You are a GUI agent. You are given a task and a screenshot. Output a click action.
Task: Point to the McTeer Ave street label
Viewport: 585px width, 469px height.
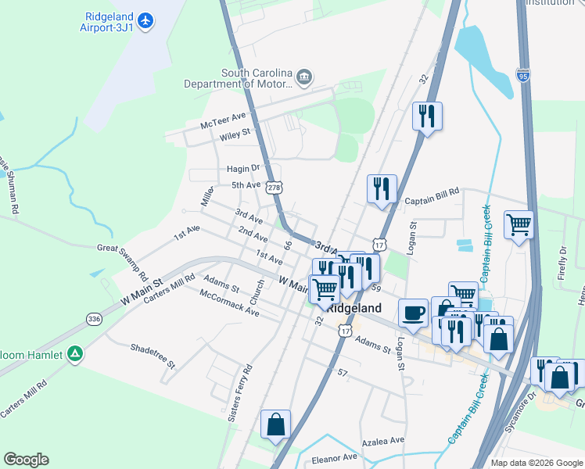pyautogui.click(x=223, y=120)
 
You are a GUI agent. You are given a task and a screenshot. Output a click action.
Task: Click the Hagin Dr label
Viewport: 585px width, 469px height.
pyautogui.click(x=242, y=169)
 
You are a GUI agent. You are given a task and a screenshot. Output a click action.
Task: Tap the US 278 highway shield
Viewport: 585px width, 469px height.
pyautogui.click(x=274, y=188)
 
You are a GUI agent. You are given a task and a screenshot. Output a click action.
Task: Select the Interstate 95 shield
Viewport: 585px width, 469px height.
pyautogui.click(x=523, y=75)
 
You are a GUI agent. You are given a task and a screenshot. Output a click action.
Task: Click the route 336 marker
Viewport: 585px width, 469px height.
pyautogui.click(x=94, y=319)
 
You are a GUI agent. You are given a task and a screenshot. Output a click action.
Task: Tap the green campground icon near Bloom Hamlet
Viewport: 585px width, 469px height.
pyautogui.click(x=75, y=354)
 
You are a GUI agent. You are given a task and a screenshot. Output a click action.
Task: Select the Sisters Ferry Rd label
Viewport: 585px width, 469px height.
pyautogui.click(x=239, y=393)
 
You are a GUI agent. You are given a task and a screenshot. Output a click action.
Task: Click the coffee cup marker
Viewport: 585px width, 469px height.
pyautogui.click(x=414, y=313)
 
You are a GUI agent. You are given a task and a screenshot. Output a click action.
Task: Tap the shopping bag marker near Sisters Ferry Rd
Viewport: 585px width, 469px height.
pyautogui.click(x=275, y=424)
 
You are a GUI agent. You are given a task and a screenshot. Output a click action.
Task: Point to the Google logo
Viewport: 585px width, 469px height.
pyautogui.click(x=26, y=460)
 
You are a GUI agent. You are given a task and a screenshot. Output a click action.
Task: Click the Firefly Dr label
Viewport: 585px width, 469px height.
pyautogui.click(x=562, y=260)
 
